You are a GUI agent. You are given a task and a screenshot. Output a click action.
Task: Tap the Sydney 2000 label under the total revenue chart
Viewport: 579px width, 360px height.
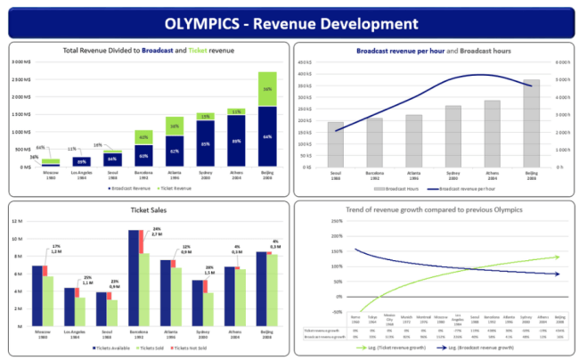pyautogui.click(x=205, y=176)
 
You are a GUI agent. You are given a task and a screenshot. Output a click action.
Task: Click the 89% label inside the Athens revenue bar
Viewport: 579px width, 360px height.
pyautogui.click(x=236, y=142)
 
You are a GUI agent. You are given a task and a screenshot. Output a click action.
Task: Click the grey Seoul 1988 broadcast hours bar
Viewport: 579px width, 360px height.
pyautogui.click(x=336, y=144)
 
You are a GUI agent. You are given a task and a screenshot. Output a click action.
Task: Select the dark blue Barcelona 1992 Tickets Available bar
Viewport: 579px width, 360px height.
pyautogui.click(x=135, y=276)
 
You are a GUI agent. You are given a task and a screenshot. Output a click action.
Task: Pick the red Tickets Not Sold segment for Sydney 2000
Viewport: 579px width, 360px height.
pyautogui.click(x=214, y=285)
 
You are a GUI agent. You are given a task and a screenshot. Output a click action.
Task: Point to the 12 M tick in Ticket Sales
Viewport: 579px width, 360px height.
pyautogui.click(x=27, y=222)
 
